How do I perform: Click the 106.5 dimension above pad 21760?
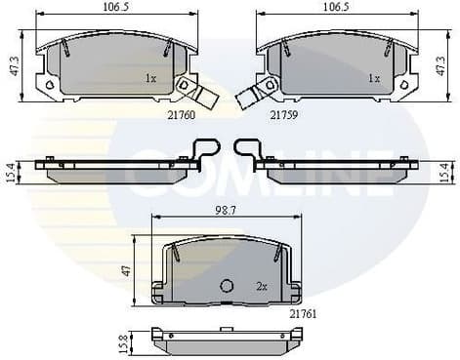116,7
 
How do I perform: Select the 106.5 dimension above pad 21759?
338,7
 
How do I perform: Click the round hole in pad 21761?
228,287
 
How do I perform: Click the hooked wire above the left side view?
206,150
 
